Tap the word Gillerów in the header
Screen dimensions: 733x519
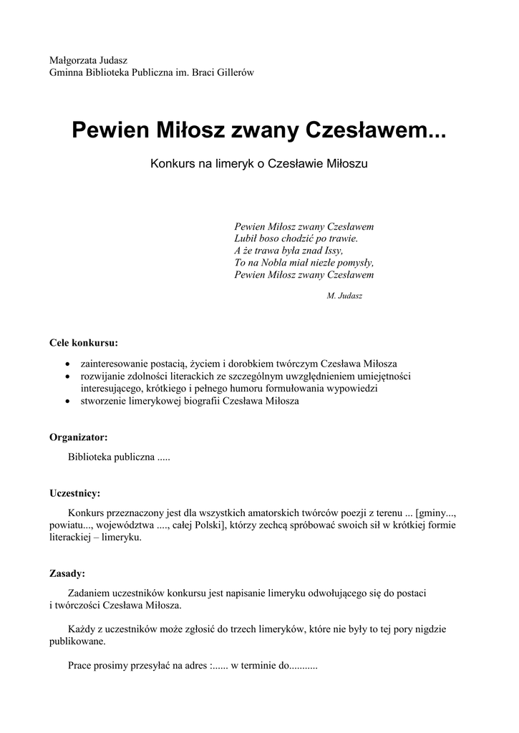point(233,72)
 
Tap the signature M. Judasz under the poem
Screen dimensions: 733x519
point(344,296)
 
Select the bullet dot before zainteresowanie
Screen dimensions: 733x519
point(67,364)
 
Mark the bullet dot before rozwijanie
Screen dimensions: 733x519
point(67,376)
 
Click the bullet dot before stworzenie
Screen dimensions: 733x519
point(67,402)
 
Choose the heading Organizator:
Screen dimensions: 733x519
point(79,437)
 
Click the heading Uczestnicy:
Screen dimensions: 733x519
point(74,493)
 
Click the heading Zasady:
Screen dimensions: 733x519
point(67,573)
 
